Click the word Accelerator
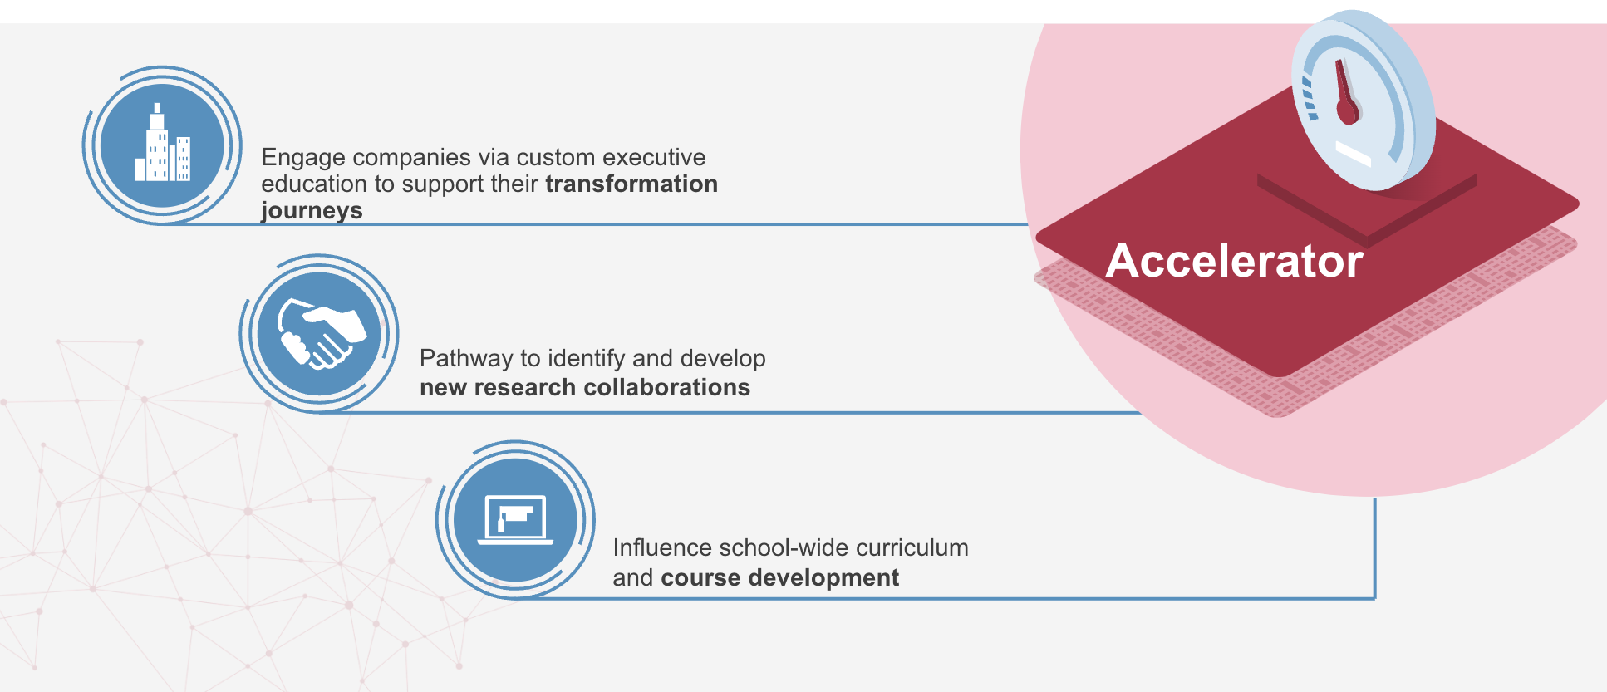[1234, 261]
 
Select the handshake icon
[321, 333]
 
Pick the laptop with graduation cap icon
[515, 520]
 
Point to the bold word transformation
[631, 184]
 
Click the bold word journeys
[312, 211]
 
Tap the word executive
[654, 157]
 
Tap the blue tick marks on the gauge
[1308, 98]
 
